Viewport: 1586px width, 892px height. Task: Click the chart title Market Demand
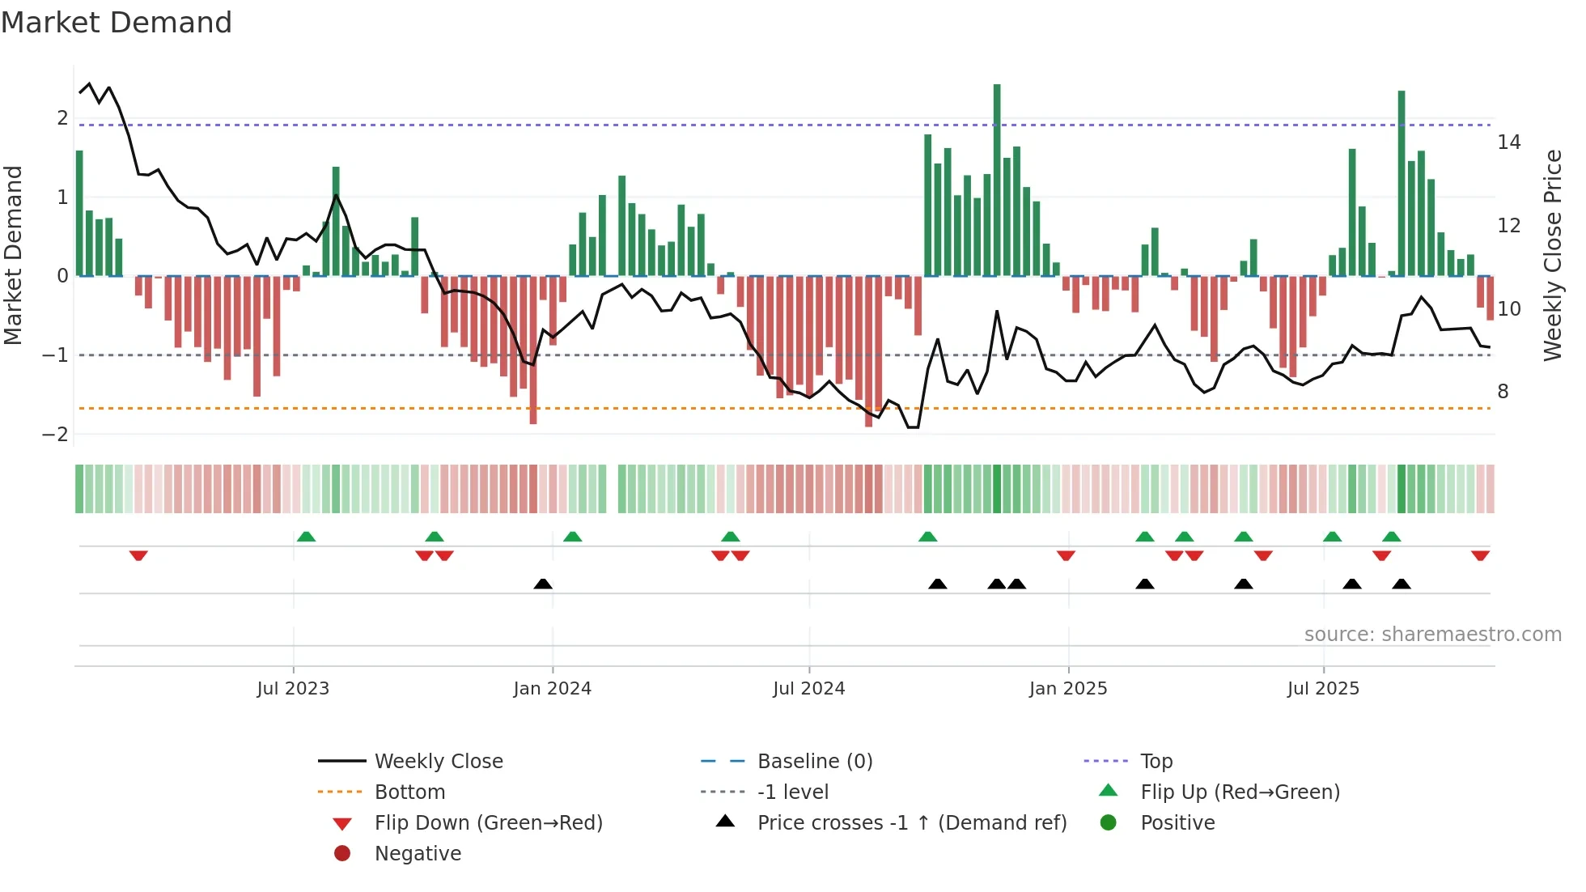(x=117, y=23)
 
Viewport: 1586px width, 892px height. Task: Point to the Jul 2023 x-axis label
(x=293, y=689)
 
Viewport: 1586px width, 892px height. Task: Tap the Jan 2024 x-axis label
(x=552, y=689)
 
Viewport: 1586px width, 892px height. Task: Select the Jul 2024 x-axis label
(x=808, y=689)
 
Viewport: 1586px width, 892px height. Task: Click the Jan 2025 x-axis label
(x=1067, y=689)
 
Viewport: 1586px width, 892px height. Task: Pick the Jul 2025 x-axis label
(x=1323, y=689)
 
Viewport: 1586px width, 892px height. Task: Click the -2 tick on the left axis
(x=55, y=435)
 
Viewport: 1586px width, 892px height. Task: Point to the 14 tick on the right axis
(x=1508, y=142)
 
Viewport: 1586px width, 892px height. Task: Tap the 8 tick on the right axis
(x=1503, y=392)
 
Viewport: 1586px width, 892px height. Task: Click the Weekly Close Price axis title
(x=1552, y=255)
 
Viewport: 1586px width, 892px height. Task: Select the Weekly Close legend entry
(x=438, y=762)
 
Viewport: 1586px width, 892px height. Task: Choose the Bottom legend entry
(x=409, y=792)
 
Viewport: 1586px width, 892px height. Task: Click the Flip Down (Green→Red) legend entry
(x=488, y=823)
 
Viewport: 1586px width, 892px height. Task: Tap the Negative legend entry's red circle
(x=342, y=854)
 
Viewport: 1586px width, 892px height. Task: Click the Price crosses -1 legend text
(x=911, y=823)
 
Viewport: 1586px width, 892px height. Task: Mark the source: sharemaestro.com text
(x=1432, y=635)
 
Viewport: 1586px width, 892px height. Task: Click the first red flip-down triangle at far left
(x=138, y=555)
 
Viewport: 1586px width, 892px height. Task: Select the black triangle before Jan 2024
(x=543, y=584)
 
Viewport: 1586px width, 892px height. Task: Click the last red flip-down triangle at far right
(x=1480, y=555)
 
